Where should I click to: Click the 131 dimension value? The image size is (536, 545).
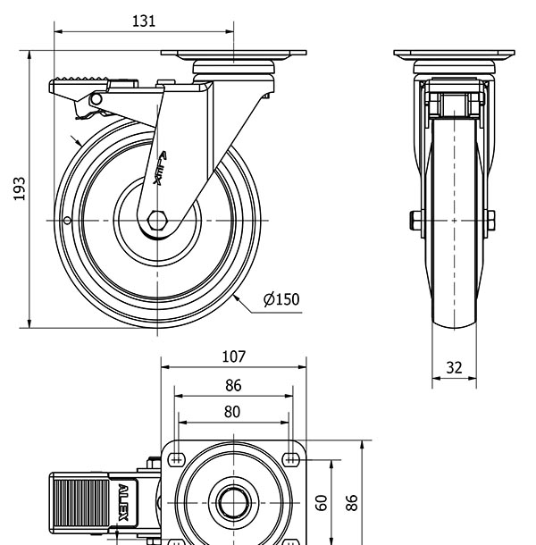pos(143,21)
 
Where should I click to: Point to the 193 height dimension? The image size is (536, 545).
pos(19,189)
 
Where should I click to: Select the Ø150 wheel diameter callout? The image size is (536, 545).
pos(281,300)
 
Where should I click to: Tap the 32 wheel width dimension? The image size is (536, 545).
pos(454,366)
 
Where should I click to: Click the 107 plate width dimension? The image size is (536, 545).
pos(232,356)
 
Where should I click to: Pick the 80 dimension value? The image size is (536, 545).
pos(232,412)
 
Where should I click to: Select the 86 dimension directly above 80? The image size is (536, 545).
pos(232,386)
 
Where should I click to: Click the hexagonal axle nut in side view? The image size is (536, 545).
pos(158,220)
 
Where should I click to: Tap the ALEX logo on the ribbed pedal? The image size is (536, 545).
pos(123,503)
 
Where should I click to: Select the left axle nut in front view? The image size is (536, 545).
pos(416,219)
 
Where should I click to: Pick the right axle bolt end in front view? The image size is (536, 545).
pos(490,219)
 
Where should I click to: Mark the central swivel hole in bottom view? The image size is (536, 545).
pos(233,503)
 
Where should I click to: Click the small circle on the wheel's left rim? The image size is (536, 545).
pos(66,221)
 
